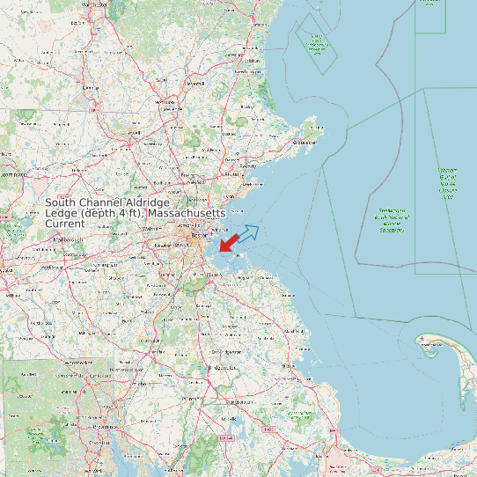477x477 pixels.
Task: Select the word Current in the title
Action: coord(65,224)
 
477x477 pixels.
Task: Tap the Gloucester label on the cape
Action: coord(305,142)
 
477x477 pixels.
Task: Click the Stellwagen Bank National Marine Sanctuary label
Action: coord(392,221)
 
